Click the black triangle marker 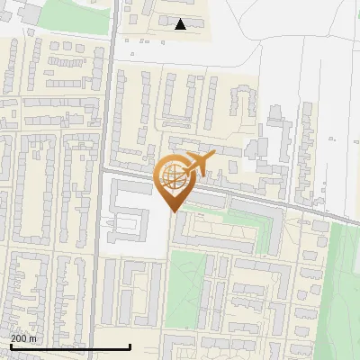181,25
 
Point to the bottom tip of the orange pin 174,212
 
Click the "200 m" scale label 24,338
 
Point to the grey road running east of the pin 270,201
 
